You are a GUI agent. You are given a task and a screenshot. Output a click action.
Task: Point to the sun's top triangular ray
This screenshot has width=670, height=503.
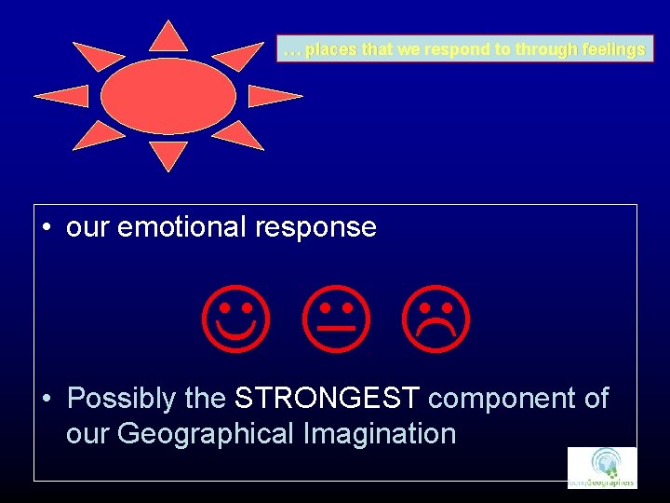tap(168, 36)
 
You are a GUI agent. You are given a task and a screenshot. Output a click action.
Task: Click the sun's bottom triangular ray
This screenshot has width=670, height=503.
tap(168, 156)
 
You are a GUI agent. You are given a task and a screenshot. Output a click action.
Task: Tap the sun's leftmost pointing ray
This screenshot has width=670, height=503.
tap(62, 96)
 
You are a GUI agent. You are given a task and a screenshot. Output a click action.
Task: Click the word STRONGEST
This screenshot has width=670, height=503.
tap(328, 399)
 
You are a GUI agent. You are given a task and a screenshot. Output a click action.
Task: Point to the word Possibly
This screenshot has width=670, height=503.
tap(122, 399)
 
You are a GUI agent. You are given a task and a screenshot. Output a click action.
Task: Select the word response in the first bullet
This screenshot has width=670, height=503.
tap(321, 227)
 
